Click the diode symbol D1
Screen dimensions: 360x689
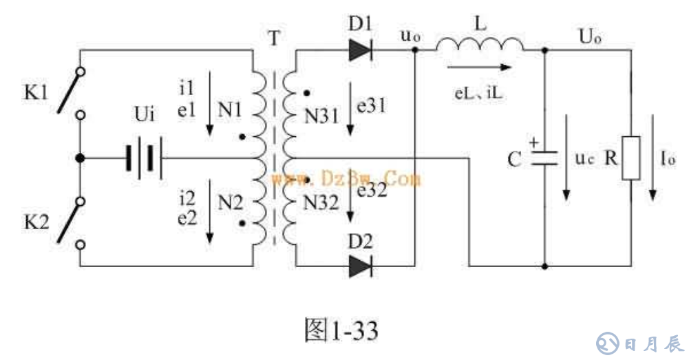(360, 50)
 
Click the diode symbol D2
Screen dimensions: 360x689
(360, 266)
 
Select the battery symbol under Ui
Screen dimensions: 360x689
(143, 158)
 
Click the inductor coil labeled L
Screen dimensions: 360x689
(479, 44)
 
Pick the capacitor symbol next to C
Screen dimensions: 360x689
(544, 158)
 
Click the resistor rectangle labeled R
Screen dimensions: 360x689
(631, 158)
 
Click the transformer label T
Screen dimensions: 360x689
(274, 37)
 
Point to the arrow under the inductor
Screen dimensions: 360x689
(479, 67)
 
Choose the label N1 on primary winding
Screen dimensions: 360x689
(230, 108)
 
